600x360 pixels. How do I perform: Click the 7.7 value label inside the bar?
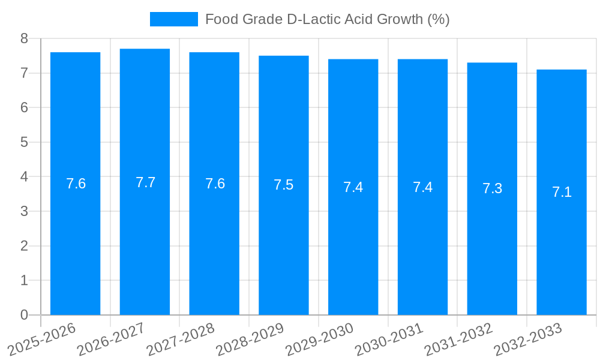145,182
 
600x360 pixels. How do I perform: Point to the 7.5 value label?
284,185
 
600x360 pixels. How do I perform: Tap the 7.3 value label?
492,188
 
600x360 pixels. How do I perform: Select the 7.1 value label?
562,192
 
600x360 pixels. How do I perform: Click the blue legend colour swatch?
173,19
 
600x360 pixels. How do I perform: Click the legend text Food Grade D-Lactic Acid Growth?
327,19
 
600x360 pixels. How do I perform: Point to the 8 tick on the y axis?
24,38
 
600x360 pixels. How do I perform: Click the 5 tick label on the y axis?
24,142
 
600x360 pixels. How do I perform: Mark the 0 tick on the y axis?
24,315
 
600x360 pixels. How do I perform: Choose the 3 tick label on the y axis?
24,211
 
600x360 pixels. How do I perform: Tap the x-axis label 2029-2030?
320,339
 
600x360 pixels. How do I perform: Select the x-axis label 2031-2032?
459,339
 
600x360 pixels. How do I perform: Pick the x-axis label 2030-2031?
389,339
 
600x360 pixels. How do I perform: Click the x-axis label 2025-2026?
42,339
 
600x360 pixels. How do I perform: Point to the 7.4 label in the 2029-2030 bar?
353,187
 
